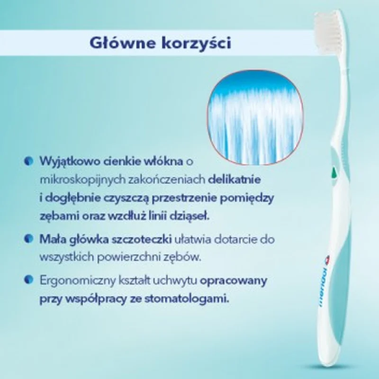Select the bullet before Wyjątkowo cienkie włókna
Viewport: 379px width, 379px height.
[29, 161]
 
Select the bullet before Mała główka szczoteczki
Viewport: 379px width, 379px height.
[29, 239]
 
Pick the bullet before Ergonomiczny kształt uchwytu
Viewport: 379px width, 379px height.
[29, 280]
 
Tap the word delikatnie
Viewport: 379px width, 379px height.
[234, 180]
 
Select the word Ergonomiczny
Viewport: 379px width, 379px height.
[78, 281]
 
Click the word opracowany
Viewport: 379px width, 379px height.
[234, 281]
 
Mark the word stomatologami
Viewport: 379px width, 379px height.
[187, 299]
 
